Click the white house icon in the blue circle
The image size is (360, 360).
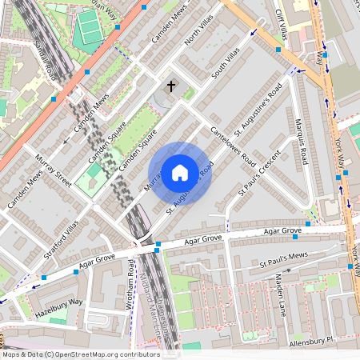(x=180, y=172)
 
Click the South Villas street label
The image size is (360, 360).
(x=225, y=62)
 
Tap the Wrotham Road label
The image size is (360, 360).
(x=130, y=292)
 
